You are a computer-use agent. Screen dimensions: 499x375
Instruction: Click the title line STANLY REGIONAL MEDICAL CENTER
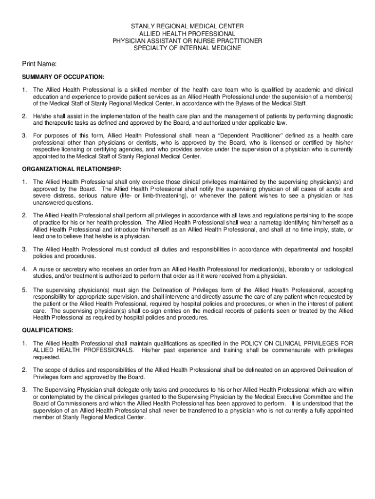click(187, 26)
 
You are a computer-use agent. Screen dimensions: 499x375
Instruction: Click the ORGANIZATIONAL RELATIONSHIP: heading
click(72, 168)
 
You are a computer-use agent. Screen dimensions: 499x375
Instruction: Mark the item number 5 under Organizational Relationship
click(24, 290)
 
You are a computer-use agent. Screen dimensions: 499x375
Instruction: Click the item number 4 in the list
click(24, 269)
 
